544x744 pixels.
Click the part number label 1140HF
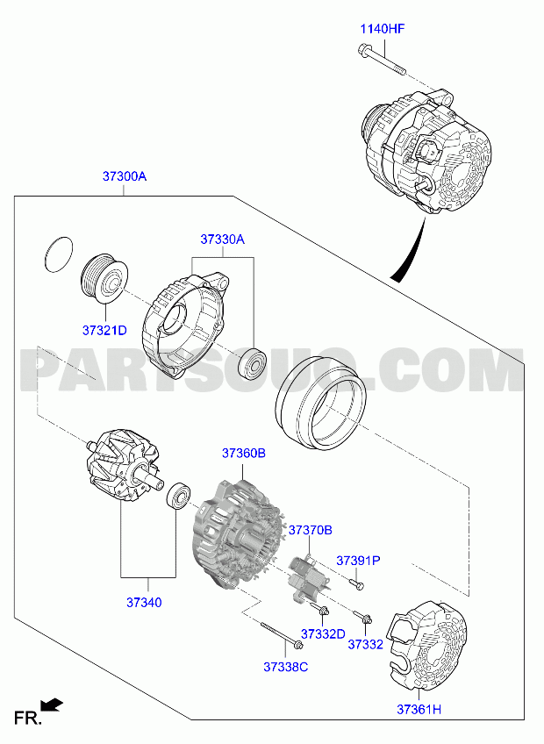(383, 29)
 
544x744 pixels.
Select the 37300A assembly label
(125, 176)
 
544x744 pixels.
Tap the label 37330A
(222, 240)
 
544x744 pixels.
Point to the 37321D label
(104, 330)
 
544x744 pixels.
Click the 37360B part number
(244, 453)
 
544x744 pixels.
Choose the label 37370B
(311, 530)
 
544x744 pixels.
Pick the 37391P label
(358, 561)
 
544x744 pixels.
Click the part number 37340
(144, 603)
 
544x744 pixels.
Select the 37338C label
(286, 667)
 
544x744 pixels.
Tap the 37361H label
(419, 710)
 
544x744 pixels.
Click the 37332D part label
(323, 634)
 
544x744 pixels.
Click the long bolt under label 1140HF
(380, 60)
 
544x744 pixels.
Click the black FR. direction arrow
(52, 705)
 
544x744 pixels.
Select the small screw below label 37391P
(356, 583)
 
